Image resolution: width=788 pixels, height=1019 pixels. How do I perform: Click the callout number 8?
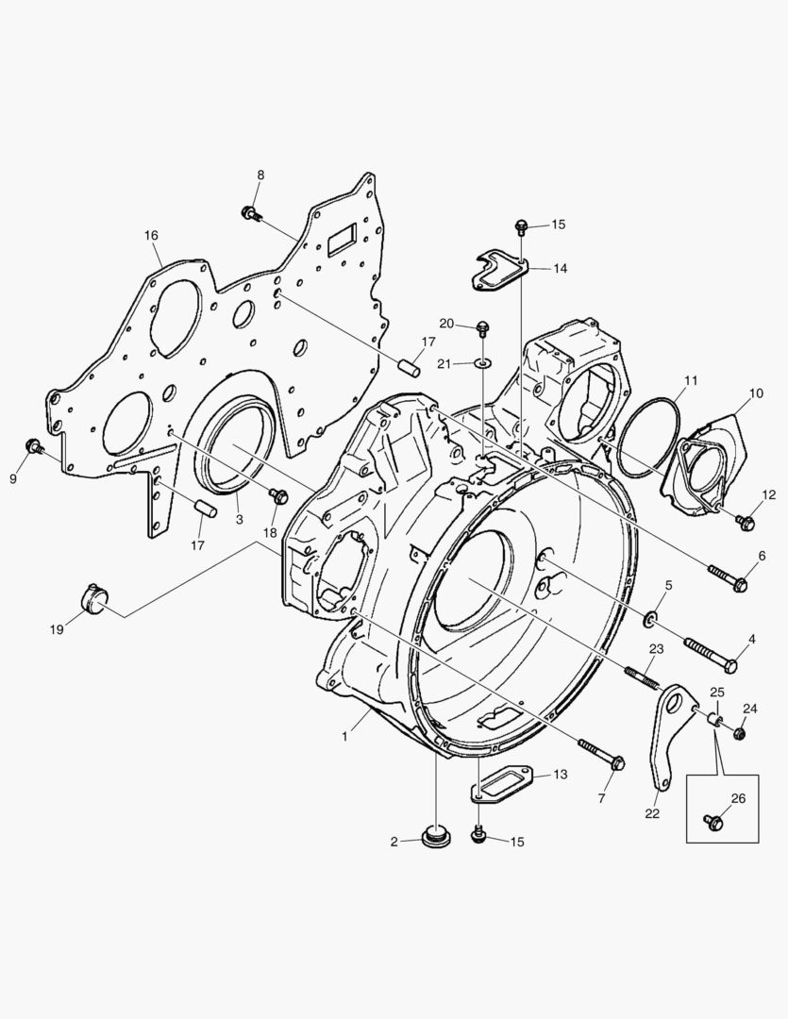(260, 175)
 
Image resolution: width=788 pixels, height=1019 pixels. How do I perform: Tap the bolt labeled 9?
(34, 446)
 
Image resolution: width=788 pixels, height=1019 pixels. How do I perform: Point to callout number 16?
(151, 235)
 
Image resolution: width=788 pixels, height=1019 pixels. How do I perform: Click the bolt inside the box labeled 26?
(715, 823)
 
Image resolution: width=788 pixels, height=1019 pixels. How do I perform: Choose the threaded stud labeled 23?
(641, 677)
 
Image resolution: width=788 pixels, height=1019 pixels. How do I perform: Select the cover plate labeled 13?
(503, 782)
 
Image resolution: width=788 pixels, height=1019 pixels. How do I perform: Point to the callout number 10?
(756, 393)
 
